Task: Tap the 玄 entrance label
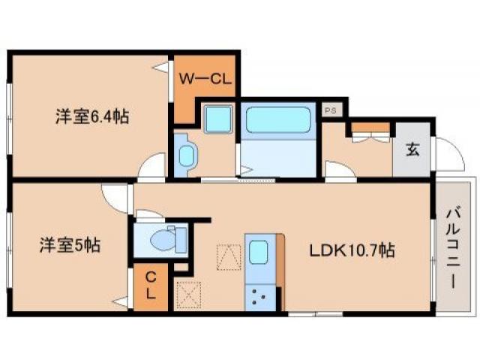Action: point(412,148)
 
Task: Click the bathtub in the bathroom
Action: point(277,120)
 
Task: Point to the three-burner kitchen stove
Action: point(260,295)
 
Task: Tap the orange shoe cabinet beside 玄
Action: point(369,127)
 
